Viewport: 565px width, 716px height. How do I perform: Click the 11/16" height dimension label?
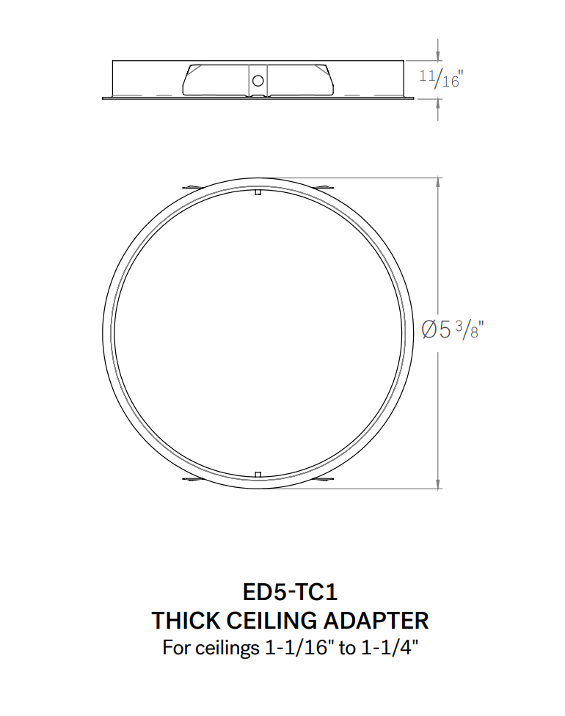pyautogui.click(x=441, y=78)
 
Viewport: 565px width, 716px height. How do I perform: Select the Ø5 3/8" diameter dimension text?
pyautogui.click(x=453, y=330)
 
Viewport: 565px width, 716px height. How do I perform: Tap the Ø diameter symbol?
pyautogui.click(x=431, y=331)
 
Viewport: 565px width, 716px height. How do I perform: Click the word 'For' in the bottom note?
pyautogui.click(x=175, y=649)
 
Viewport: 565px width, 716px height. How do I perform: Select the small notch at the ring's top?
pyautogui.click(x=258, y=193)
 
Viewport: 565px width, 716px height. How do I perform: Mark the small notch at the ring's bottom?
pyautogui.click(x=258, y=473)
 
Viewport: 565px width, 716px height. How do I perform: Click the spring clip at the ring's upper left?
pyautogui.click(x=190, y=189)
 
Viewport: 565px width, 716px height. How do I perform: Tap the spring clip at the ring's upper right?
pyautogui.click(x=325, y=189)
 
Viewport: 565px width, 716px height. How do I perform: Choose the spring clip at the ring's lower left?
pyautogui.click(x=190, y=479)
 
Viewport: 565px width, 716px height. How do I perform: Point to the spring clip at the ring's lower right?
pyautogui.click(x=325, y=479)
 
